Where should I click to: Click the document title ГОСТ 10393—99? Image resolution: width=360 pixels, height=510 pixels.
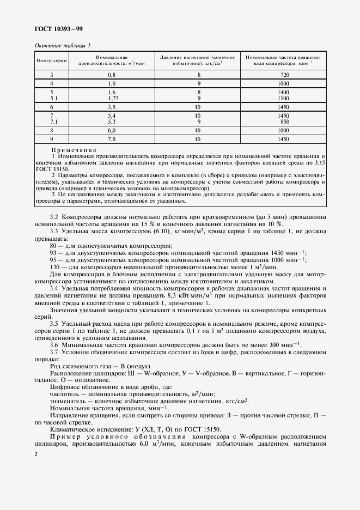click(x=59, y=28)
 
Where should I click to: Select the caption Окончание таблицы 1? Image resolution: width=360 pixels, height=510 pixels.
click(x=63, y=46)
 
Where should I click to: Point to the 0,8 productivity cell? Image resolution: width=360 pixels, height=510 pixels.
click(x=112, y=74)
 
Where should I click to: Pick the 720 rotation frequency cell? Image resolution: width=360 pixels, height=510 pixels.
click(x=283, y=74)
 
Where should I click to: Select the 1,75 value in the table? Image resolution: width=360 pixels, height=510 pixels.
click(x=113, y=99)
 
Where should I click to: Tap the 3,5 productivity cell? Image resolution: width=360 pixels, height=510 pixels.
click(x=112, y=108)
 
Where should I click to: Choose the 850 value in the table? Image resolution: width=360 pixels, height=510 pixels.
click(x=283, y=123)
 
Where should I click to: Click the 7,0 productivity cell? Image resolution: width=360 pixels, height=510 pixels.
click(x=112, y=140)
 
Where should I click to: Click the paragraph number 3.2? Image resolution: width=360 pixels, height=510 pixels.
click(x=54, y=217)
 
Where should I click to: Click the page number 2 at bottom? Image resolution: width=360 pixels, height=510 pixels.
click(x=36, y=454)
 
